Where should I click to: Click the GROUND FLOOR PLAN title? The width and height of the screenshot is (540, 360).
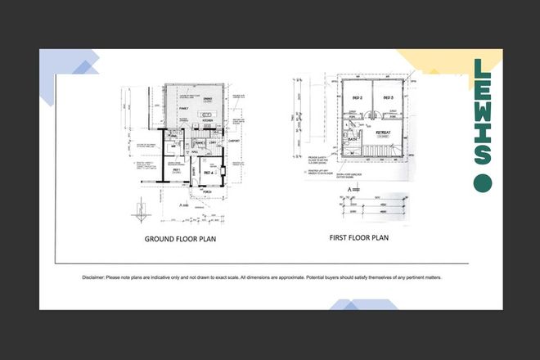pyautogui.click(x=184, y=240)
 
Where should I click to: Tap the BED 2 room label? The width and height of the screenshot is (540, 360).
pyautogui.click(x=357, y=97)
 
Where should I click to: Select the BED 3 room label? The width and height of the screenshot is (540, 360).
pyautogui.click(x=389, y=97)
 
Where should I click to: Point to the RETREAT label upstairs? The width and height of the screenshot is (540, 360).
pyautogui.click(x=382, y=131)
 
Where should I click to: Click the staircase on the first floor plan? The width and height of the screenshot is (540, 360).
pyautogui.click(x=380, y=150)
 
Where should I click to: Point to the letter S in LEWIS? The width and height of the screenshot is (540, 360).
pyautogui.click(x=483, y=151)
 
